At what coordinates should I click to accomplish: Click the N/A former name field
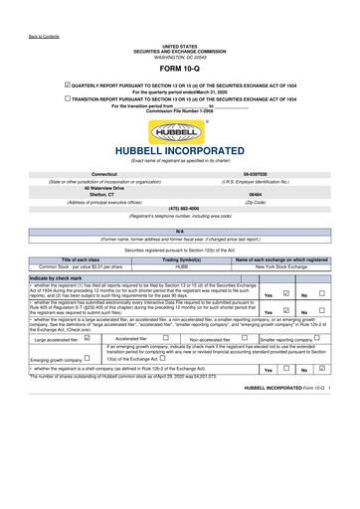point(180,231)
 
